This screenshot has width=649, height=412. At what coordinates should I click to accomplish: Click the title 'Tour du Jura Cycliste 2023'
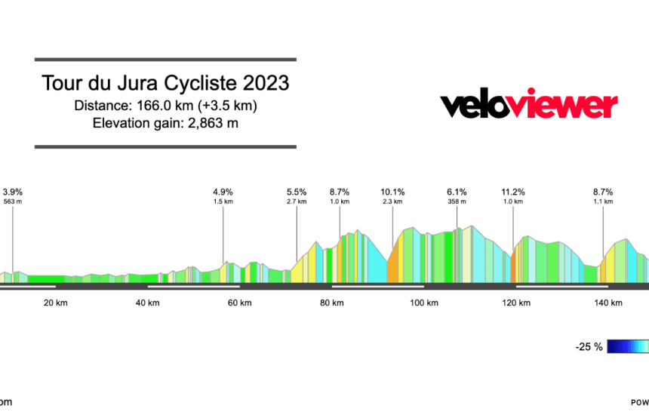pyautogui.click(x=165, y=82)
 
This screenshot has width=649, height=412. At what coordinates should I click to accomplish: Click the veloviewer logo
pyautogui.click(x=529, y=106)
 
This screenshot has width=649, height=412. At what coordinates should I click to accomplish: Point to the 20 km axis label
pyautogui.click(x=54, y=303)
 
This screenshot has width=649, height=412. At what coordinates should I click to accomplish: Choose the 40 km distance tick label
pyautogui.click(x=147, y=303)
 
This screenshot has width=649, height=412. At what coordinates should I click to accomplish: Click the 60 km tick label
pyautogui.click(x=239, y=303)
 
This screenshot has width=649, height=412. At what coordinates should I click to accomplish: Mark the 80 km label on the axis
pyautogui.click(x=331, y=303)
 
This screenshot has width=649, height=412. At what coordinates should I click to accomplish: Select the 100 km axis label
pyautogui.click(x=423, y=303)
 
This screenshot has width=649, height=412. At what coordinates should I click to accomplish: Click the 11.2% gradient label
pyautogui.click(x=513, y=192)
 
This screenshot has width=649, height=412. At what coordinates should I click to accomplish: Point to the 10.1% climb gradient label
pyautogui.click(x=392, y=192)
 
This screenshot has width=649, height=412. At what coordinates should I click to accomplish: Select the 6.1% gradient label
pyautogui.click(x=457, y=192)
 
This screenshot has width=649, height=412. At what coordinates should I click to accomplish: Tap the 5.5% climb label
pyautogui.click(x=297, y=192)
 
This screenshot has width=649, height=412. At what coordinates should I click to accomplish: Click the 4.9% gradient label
pyautogui.click(x=223, y=192)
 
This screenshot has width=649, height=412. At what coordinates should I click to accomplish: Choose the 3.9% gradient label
pyautogui.click(x=13, y=192)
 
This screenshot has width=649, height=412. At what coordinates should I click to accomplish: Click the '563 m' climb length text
pyautogui.click(x=13, y=201)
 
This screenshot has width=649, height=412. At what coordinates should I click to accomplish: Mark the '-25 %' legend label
pyautogui.click(x=589, y=347)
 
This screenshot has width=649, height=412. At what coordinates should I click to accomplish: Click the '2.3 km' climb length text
pyautogui.click(x=392, y=201)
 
